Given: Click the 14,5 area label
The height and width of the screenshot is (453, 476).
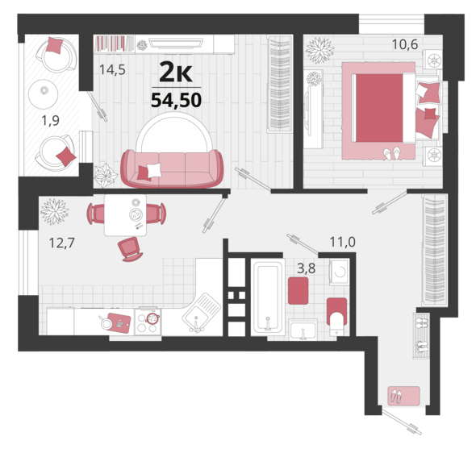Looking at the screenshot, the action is click(112, 70).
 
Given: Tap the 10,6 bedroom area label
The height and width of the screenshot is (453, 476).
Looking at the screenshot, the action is click(405, 44).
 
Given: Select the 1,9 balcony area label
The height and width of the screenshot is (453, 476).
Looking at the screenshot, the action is click(50, 121).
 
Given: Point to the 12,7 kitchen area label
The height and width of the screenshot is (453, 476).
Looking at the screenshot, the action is click(61, 243).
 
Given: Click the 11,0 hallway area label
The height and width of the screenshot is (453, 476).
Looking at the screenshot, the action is click(342, 242).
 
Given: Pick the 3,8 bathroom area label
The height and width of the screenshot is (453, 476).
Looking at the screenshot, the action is click(307, 268).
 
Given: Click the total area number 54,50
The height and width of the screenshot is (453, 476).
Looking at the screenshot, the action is click(177, 100).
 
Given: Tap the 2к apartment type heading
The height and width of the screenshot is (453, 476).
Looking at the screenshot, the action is click(176, 72).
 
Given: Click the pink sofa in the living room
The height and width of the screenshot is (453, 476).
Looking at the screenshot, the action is click(172, 168).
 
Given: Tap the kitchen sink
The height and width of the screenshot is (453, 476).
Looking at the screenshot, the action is click(201, 313).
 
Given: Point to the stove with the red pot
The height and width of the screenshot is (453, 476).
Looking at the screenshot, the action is click(148, 322).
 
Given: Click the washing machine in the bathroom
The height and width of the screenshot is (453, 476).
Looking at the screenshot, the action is click(340, 272).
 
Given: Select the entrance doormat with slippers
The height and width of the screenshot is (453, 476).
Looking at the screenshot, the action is click(403, 396).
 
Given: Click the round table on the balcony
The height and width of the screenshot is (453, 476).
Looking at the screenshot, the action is click(44, 94).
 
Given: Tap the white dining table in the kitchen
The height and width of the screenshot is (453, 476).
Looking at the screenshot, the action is click(125, 215).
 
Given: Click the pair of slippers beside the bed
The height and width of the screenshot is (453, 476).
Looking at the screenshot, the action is click(393, 153).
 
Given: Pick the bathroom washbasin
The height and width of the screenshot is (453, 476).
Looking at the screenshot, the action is click(303, 330).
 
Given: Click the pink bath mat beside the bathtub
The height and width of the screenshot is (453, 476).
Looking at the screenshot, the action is click(299, 290).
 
